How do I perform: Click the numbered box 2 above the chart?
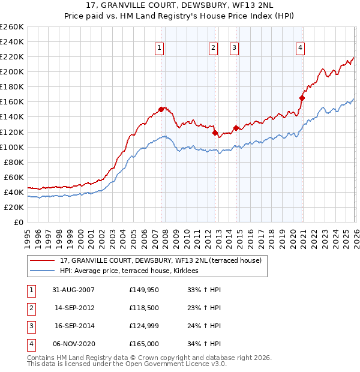tap(214, 49)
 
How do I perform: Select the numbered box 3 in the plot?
tap(235, 49)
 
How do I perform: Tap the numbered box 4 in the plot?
tap(300, 49)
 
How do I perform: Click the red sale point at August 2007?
tap(161, 109)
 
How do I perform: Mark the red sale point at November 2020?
tap(302, 98)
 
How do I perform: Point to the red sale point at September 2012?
tap(215, 133)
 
